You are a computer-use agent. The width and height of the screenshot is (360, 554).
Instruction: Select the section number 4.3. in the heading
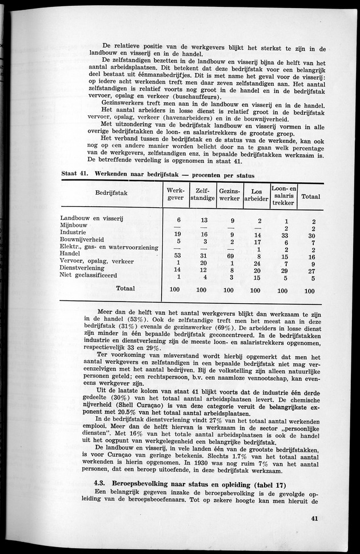point(103,483)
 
